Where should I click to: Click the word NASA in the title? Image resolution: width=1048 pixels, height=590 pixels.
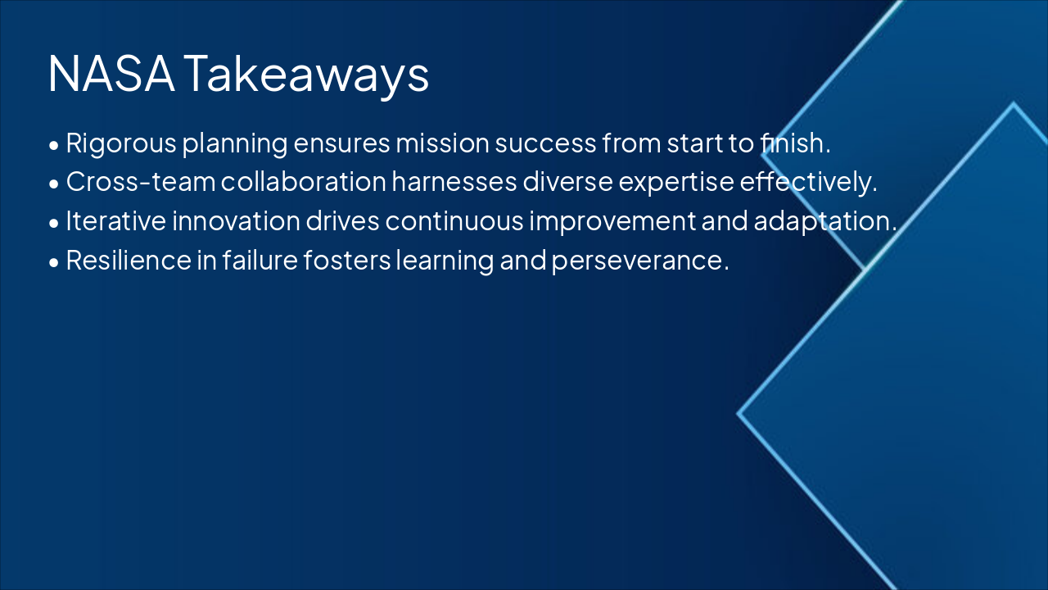pyautogui.click(x=111, y=74)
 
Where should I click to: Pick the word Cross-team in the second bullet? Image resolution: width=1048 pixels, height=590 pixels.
pyautogui.click(x=140, y=182)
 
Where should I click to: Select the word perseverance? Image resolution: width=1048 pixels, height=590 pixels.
pyautogui.click(x=639, y=261)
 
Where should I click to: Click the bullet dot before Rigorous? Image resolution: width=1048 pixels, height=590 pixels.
pyautogui.click(x=54, y=146)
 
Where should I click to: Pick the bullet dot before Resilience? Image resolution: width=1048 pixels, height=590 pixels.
pyautogui.click(x=54, y=263)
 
